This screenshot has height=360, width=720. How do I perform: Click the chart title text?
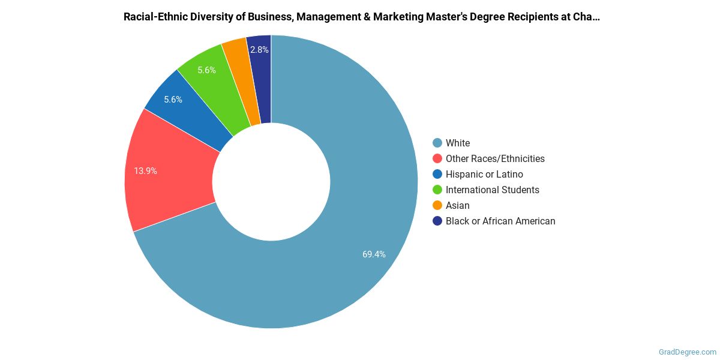[x=361, y=17]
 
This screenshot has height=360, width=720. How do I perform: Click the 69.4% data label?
[x=374, y=254]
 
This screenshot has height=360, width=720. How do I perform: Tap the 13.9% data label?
[x=146, y=171]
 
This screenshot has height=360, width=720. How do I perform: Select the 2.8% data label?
[x=260, y=50]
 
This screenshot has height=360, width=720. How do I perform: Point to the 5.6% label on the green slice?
[x=206, y=70]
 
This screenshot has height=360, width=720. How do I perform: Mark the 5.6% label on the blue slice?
[x=173, y=100]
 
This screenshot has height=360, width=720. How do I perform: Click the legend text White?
[x=458, y=143]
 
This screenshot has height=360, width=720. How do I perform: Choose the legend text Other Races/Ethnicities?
[x=495, y=158]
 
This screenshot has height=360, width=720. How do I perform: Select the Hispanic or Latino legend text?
[x=484, y=174]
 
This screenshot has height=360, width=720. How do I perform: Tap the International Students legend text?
[x=492, y=190]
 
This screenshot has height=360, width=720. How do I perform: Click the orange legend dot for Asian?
[x=437, y=205]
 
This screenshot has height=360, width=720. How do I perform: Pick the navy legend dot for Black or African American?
[x=437, y=221]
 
